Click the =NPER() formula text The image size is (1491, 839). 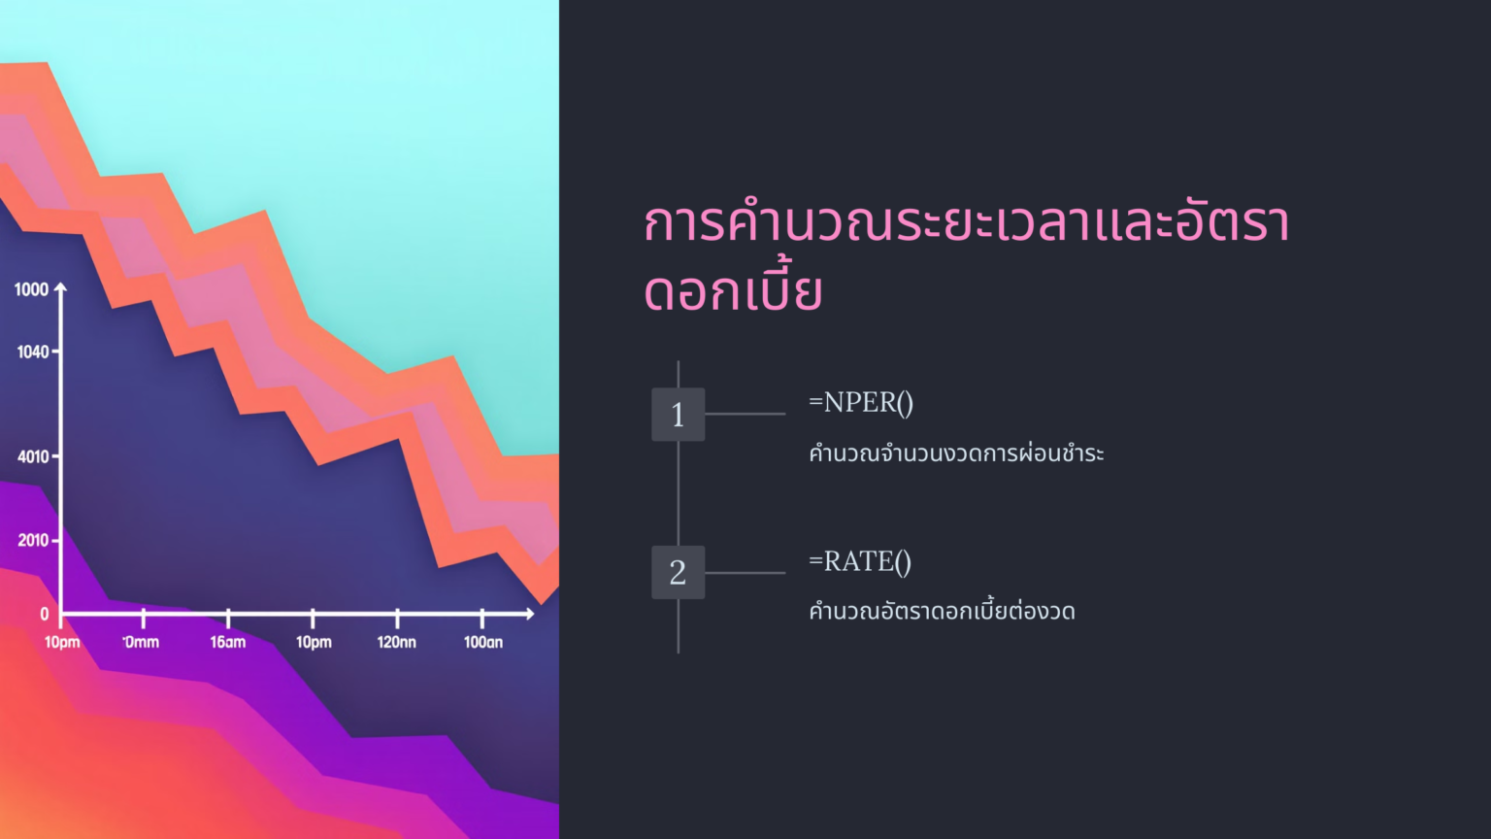[x=861, y=402]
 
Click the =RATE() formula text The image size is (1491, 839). [x=860, y=561]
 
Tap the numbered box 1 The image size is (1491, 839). [x=678, y=415]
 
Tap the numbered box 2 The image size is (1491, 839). [x=678, y=572]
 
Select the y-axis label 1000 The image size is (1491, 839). [x=31, y=289]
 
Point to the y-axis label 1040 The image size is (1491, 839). [x=32, y=352]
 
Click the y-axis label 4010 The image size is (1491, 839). [x=33, y=456]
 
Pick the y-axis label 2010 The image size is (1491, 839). [x=33, y=540]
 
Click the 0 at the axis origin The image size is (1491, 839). [x=45, y=614]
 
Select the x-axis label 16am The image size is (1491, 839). [x=228, y=642]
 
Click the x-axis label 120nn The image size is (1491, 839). [x=396, y=642]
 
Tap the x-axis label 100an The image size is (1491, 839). [x=483, y=642]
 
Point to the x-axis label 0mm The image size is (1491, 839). [x=142, y=642]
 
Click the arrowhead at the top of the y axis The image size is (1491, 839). [x=61, y=287]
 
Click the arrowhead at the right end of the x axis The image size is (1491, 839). [x=529, y=614]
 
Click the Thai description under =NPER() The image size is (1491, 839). [x=956, y=453]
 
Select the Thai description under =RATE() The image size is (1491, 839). [x=942, y=612]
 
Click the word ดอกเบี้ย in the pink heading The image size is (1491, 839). [x=734, y=291]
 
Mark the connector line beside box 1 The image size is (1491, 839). [x=745, y=414]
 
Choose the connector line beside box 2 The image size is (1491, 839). [x=745, y=573]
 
